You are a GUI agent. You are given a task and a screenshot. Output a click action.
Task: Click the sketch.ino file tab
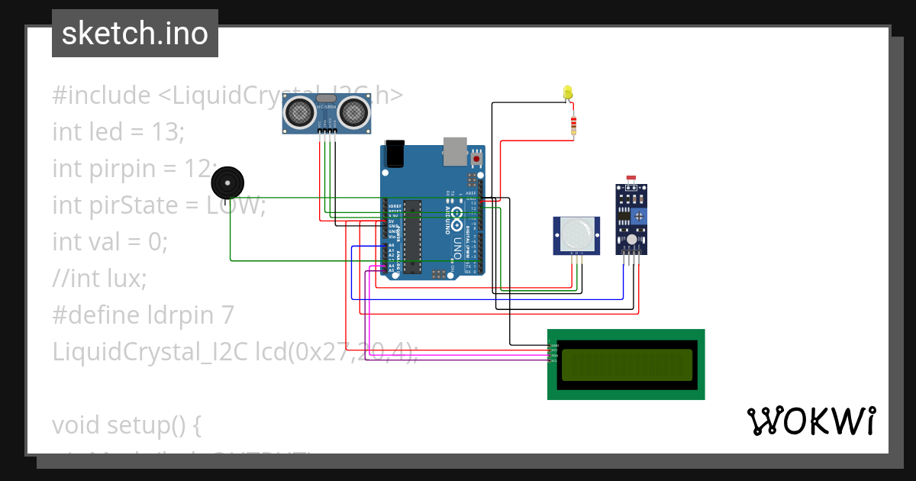coord(135,34)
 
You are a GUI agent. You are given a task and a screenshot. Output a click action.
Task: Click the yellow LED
coord(567,92)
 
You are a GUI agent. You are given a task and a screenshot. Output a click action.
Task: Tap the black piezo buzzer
coord(227,184)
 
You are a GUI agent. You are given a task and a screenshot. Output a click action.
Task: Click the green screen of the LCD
coord(627,365)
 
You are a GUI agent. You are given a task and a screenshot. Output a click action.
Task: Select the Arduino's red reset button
coord(477,158)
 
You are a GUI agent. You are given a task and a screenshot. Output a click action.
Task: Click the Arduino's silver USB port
coord(455,151)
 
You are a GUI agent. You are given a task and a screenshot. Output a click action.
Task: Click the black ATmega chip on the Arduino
coord(412,236)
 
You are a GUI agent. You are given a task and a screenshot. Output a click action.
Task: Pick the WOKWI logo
coord(811,421)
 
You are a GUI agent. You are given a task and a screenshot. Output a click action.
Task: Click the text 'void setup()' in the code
coord(127,425)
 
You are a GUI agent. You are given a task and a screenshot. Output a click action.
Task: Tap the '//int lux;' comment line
coord(99,279)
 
